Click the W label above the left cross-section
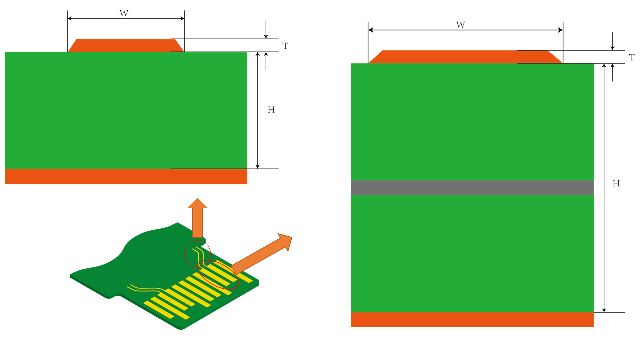(x=124, y=13)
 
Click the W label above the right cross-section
(x=460, y=25)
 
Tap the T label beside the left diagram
(x=285, y=46)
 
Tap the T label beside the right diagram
(x=632, y=57)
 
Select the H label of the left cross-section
(x=271, y=110)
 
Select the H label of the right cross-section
(x=616, y=183)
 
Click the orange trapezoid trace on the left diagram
(x=126, y=45)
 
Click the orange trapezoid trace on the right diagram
(x=465, y=57)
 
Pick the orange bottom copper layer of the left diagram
(x=126, y=176)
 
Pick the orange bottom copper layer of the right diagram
(x=472, y=320)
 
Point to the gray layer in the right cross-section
(x=472, y=188)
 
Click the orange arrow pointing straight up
(x=197, y=217)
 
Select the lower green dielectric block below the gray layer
(x=472, y=254)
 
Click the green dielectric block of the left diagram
(x=126, y=110)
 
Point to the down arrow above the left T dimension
(x=266, y=30)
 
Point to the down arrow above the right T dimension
(x=612, y=41)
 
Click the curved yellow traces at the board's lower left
(x=145, y=289)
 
